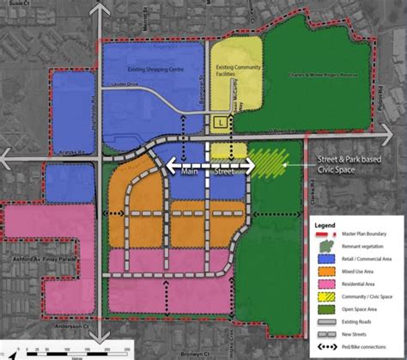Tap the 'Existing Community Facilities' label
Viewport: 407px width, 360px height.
click(x=235, y=71)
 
